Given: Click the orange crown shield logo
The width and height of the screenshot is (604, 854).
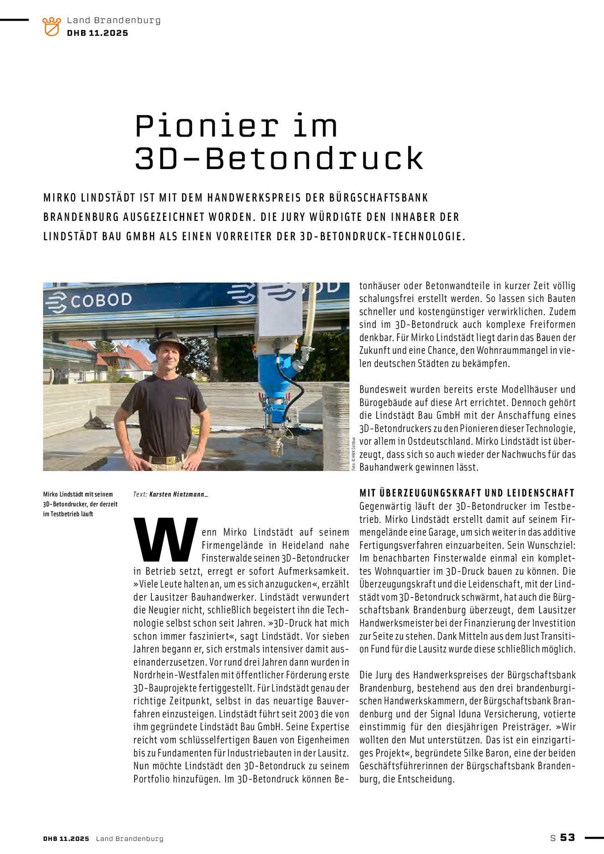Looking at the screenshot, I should point(51,26).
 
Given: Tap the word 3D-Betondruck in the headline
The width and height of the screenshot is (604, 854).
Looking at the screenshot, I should point(279,159).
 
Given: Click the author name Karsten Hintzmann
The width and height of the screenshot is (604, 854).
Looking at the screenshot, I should point(178,494).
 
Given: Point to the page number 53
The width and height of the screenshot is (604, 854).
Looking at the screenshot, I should point(568,838).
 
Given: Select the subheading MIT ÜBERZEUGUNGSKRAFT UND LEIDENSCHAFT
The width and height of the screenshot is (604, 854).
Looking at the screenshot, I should point(467,493).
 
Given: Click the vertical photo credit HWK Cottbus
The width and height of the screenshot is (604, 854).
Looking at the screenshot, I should point(353,453).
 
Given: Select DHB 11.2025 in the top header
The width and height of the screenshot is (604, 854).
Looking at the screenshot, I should point(97,33).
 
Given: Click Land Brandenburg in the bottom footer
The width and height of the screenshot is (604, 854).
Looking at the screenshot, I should point(129,839).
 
